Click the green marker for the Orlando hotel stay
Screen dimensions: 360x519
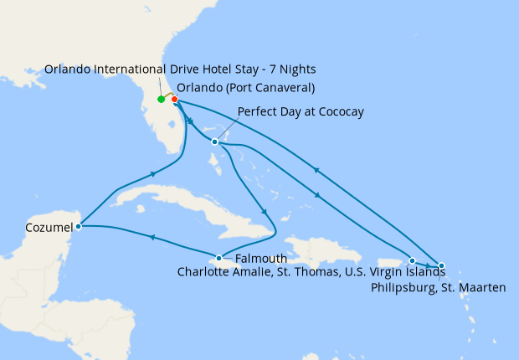[161, 100]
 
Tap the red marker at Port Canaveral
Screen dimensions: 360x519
[175, 100]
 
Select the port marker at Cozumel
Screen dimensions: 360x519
[78, 226]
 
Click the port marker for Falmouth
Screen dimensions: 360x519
[219, 258]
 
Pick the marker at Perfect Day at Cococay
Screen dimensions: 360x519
[215, 141]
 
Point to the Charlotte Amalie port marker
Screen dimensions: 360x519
[412, 260]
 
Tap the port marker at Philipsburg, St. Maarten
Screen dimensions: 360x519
[441, 266]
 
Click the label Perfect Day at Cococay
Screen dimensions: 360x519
[301, 111]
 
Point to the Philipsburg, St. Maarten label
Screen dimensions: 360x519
[436, 287]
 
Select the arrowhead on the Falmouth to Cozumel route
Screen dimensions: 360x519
[152, 238]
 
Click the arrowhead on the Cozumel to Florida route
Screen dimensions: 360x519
[154, 174]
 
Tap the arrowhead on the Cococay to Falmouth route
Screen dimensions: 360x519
[265, 212]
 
